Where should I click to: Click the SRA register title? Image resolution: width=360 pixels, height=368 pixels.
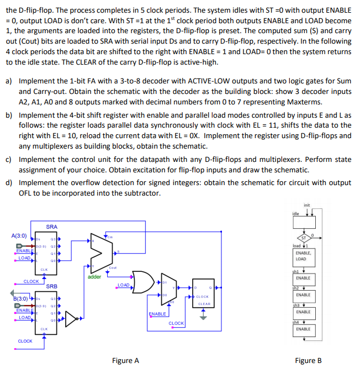pos(51,227)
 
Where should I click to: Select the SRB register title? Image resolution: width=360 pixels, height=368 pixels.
pos(51,286)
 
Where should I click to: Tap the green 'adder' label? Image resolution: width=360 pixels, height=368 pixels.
pos(95,276)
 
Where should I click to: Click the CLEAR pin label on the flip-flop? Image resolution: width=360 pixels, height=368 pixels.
pos(204,303)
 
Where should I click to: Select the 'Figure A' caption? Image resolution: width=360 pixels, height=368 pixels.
pos(125,360)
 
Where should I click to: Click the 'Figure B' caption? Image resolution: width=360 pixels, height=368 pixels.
pos(308,360)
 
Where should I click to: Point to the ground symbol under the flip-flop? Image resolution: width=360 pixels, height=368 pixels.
pos(204,316)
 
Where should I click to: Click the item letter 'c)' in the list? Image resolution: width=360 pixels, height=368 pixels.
pos(9,159)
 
